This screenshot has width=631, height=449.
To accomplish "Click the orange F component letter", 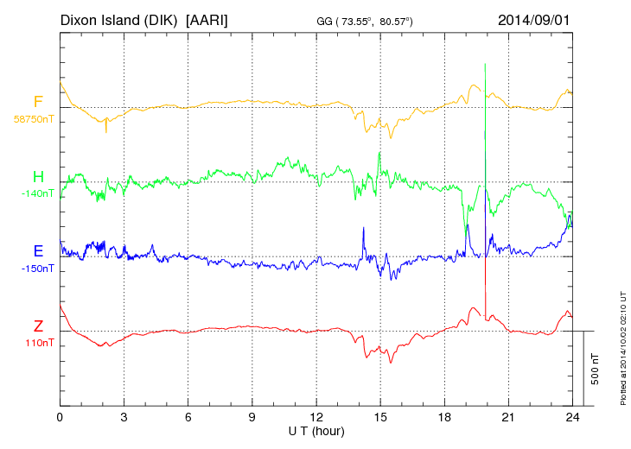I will point(38,103).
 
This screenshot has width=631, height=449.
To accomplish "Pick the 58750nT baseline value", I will point(33,119).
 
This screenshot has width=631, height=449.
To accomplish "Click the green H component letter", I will point(38,178).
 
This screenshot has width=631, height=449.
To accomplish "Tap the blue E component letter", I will point(38,252).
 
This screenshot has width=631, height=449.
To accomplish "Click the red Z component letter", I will point(38,326).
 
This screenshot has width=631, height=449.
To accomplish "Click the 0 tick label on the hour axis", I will point(60,417).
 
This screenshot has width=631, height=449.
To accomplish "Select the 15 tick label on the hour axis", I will point(380,417).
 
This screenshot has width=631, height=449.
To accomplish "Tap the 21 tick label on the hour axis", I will point(508,417).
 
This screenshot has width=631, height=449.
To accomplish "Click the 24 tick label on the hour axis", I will point(572,417).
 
